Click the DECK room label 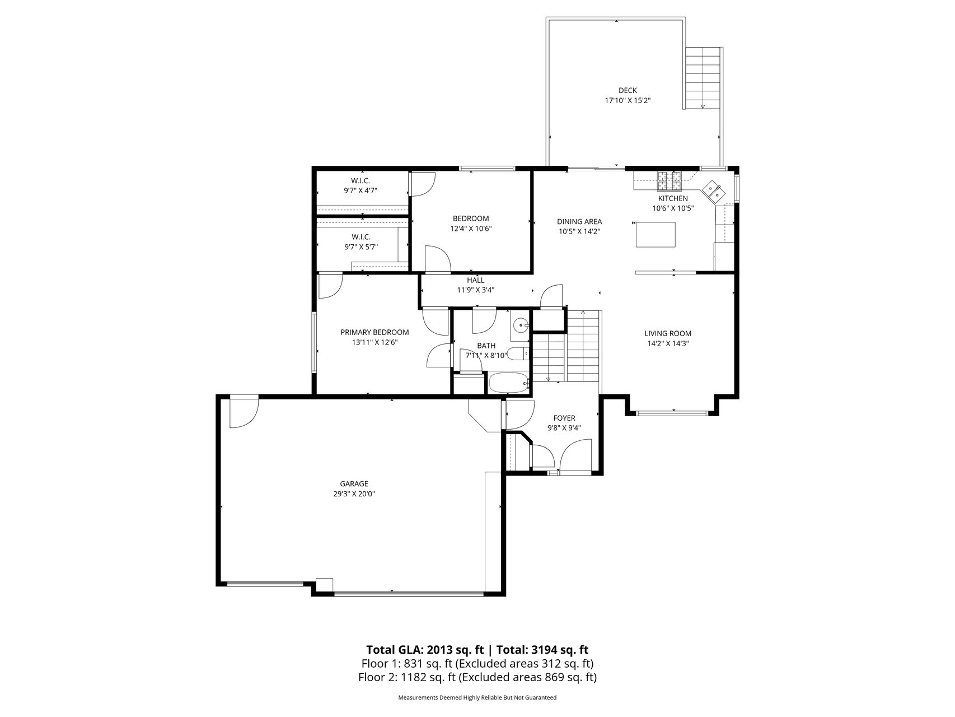628,91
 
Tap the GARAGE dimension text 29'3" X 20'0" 354,494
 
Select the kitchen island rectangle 656,234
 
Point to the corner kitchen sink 714,191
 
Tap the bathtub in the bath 508,384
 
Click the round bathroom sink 522,324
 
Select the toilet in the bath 518,353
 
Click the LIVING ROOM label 668,333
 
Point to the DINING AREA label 579,221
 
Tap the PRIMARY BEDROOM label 374,332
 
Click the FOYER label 564,418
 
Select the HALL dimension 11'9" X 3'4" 476,290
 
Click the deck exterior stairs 703,78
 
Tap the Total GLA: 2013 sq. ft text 425,650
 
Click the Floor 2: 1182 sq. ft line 477,677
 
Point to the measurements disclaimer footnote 477,698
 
